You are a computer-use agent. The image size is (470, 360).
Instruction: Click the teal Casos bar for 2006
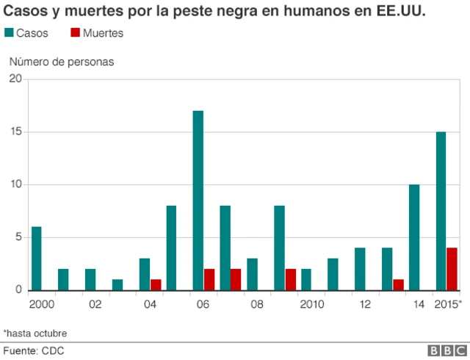pos(198,201)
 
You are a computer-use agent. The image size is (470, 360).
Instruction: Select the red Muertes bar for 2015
pos(452,269)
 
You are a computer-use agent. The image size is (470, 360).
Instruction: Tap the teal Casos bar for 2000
pos(36,258)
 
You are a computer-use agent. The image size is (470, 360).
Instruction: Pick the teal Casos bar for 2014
pos(414,237)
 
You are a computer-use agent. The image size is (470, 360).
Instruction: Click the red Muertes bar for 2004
pos(156,284)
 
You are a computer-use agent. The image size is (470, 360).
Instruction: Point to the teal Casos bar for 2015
pos(441,211)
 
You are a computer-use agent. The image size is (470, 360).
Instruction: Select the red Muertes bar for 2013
pos(398,284)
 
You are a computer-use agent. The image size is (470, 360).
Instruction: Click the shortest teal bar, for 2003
pos(117,284)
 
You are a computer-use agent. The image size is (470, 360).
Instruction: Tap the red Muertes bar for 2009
pos(290,279)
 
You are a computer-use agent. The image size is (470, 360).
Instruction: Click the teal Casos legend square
pos(10,33)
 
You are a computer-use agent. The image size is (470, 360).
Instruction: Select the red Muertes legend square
pos(76,33)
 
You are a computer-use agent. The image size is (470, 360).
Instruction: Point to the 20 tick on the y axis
pos(15,79)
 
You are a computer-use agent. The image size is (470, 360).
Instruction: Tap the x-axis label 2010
pos(312,304)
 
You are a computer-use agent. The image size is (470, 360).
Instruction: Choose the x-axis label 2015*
pos(446,304)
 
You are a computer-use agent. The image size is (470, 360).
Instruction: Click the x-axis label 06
pos(203,304)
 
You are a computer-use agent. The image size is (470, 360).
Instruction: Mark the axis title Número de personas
pos(61,62)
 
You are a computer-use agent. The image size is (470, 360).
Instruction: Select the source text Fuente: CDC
pos(34,350)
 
